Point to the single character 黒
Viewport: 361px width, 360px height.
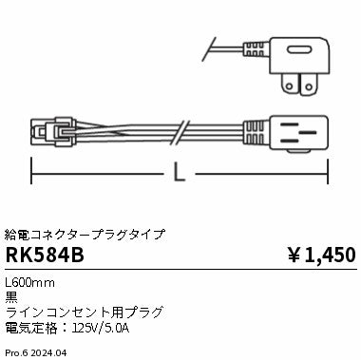coord(12,296)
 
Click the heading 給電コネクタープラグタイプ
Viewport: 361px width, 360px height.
coord(85,233)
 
